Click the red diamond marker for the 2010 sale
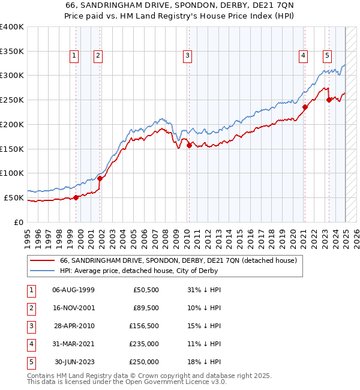(189, 145)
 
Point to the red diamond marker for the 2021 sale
(305, 107)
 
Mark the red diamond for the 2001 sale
(100, 178)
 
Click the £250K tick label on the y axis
(11, 100)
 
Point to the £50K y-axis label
(14, 197)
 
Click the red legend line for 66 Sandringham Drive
(43, 261)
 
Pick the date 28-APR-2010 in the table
(73, 326)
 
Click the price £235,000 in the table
(145, 344)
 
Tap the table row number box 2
(31, 308)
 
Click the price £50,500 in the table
(146, 290)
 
